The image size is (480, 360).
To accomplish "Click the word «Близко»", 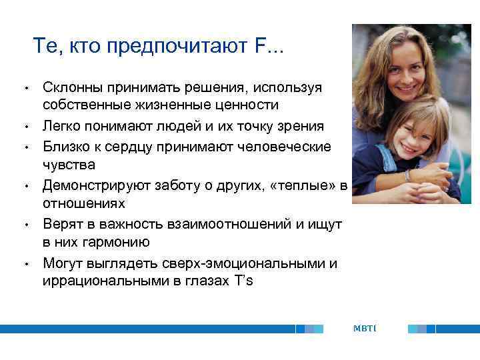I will (x=65, y=146).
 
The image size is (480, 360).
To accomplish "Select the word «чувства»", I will (x=69, y=164).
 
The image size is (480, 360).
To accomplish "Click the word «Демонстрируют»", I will (x=90, y=185).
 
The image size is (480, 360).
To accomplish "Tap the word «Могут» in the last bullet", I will (x=63, y=263).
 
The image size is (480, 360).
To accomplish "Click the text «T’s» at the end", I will (x=243, y=281).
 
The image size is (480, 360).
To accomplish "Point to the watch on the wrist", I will (x=407, y=175).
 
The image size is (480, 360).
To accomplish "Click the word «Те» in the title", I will (x=45, y=47).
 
